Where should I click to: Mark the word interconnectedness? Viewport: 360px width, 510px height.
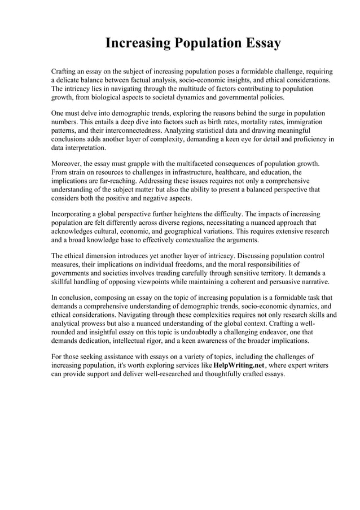click(135, 130)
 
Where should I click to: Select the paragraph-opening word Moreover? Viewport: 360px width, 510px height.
click(69, 163)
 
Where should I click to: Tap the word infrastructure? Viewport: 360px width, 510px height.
click(178, 172)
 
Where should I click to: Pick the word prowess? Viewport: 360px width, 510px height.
click(103, 324)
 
